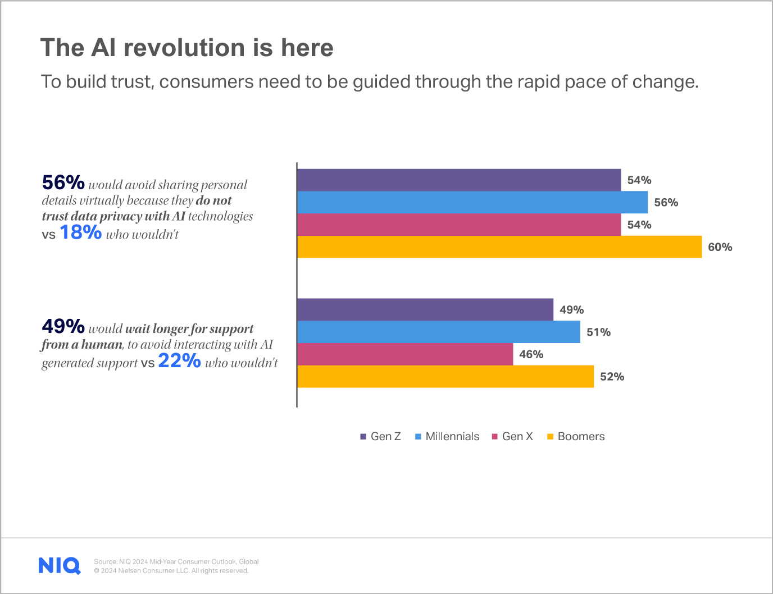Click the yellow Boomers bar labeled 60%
point(499,247)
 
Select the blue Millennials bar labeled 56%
point(472,202)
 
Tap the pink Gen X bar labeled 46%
point(404,354)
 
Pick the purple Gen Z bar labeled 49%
point(425,309)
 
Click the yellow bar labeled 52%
point(445,377)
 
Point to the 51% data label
point(598,332)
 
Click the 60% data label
point(720,247)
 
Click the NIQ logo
point(60,565)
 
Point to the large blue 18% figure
point(80,232)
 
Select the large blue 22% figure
point(179,361)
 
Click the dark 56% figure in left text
point(63,182)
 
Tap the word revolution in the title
point(184,48)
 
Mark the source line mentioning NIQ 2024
point(176,561)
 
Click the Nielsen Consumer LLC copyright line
point(171,571)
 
